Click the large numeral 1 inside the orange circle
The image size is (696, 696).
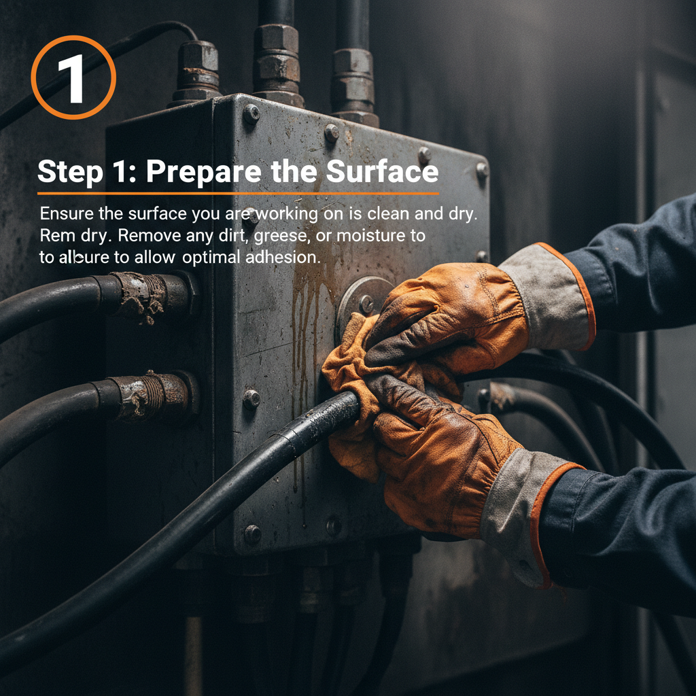73,78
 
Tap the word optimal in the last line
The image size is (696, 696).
211,258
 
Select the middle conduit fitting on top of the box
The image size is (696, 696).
278,65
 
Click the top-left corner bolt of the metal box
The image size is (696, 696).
251,113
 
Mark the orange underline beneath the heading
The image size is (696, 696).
238,193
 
